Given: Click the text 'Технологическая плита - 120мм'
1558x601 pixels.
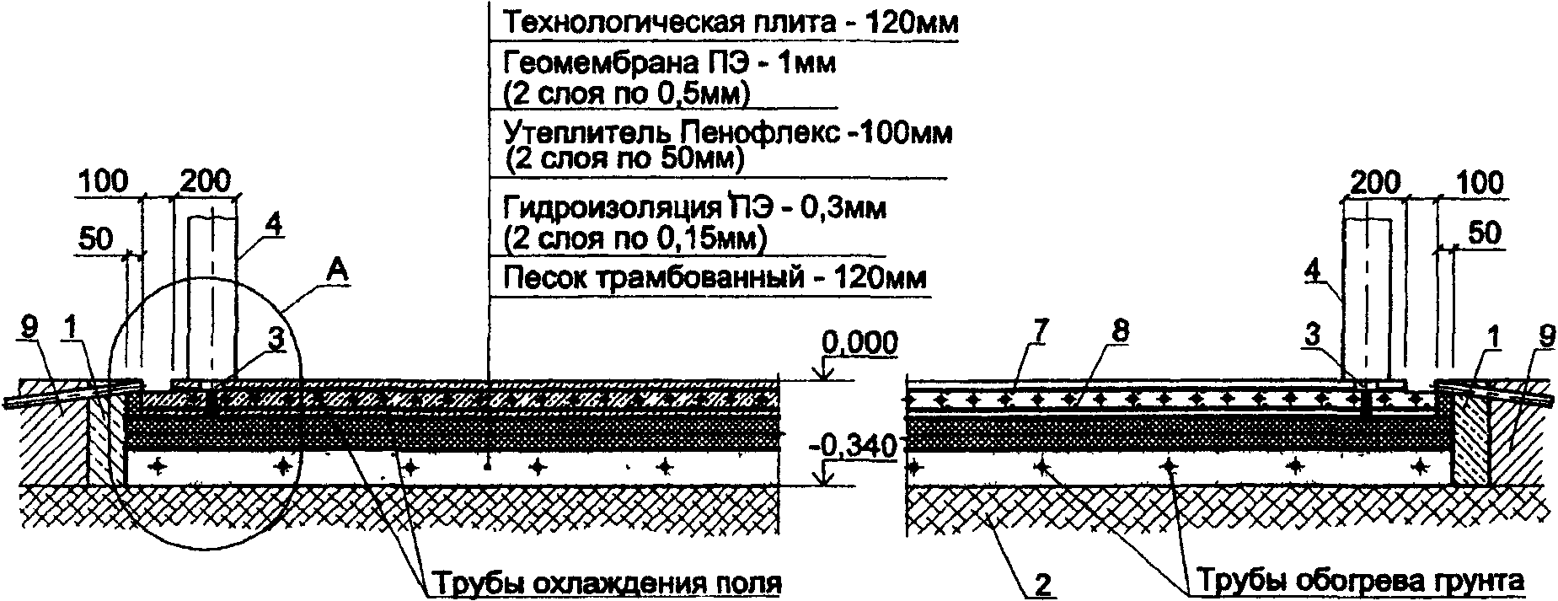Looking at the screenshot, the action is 730,23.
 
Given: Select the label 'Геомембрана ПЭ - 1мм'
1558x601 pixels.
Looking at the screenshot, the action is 669,63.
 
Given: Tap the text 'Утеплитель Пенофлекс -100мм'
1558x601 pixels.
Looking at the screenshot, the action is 728,133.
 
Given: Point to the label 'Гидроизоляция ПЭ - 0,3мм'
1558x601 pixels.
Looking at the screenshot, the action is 694,207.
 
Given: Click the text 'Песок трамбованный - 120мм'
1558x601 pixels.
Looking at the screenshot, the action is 715,277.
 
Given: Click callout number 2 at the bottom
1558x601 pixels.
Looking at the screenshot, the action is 1042,585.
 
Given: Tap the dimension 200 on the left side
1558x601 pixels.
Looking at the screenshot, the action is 205,182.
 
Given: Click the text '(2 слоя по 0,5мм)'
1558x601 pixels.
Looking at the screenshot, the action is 625,93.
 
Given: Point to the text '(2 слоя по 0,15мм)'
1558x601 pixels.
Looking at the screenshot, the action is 634,239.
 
